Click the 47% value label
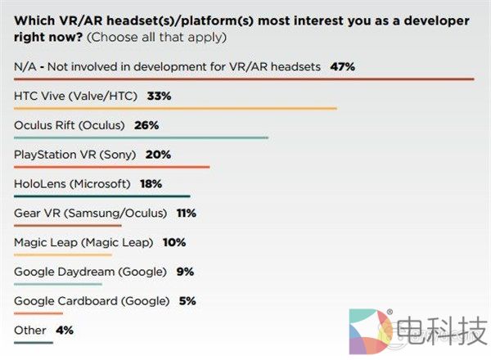point(342,65)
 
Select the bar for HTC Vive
point(176,108)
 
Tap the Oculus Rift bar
point(142,137)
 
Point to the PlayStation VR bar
point(112,167)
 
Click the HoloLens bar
point(102,196)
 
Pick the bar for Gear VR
point(68,226)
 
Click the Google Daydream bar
point(58,285)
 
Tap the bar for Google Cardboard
point(38,313)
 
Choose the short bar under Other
point(34,342)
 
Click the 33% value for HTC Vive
point(159,96)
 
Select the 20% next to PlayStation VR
point(158,155)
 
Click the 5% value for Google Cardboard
point(187,300)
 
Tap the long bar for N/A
point(244,79)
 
